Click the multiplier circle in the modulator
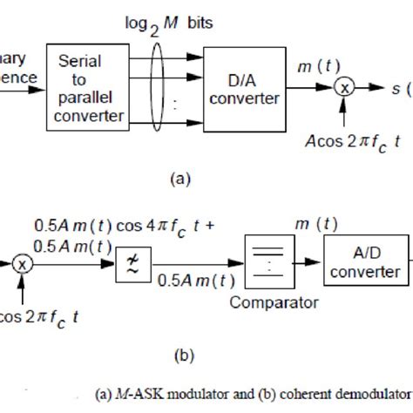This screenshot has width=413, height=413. click(x=345, y=88)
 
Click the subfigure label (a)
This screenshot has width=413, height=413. click(x=177, y=179)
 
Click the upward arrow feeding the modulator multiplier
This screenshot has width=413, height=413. click(x=345, y=113)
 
